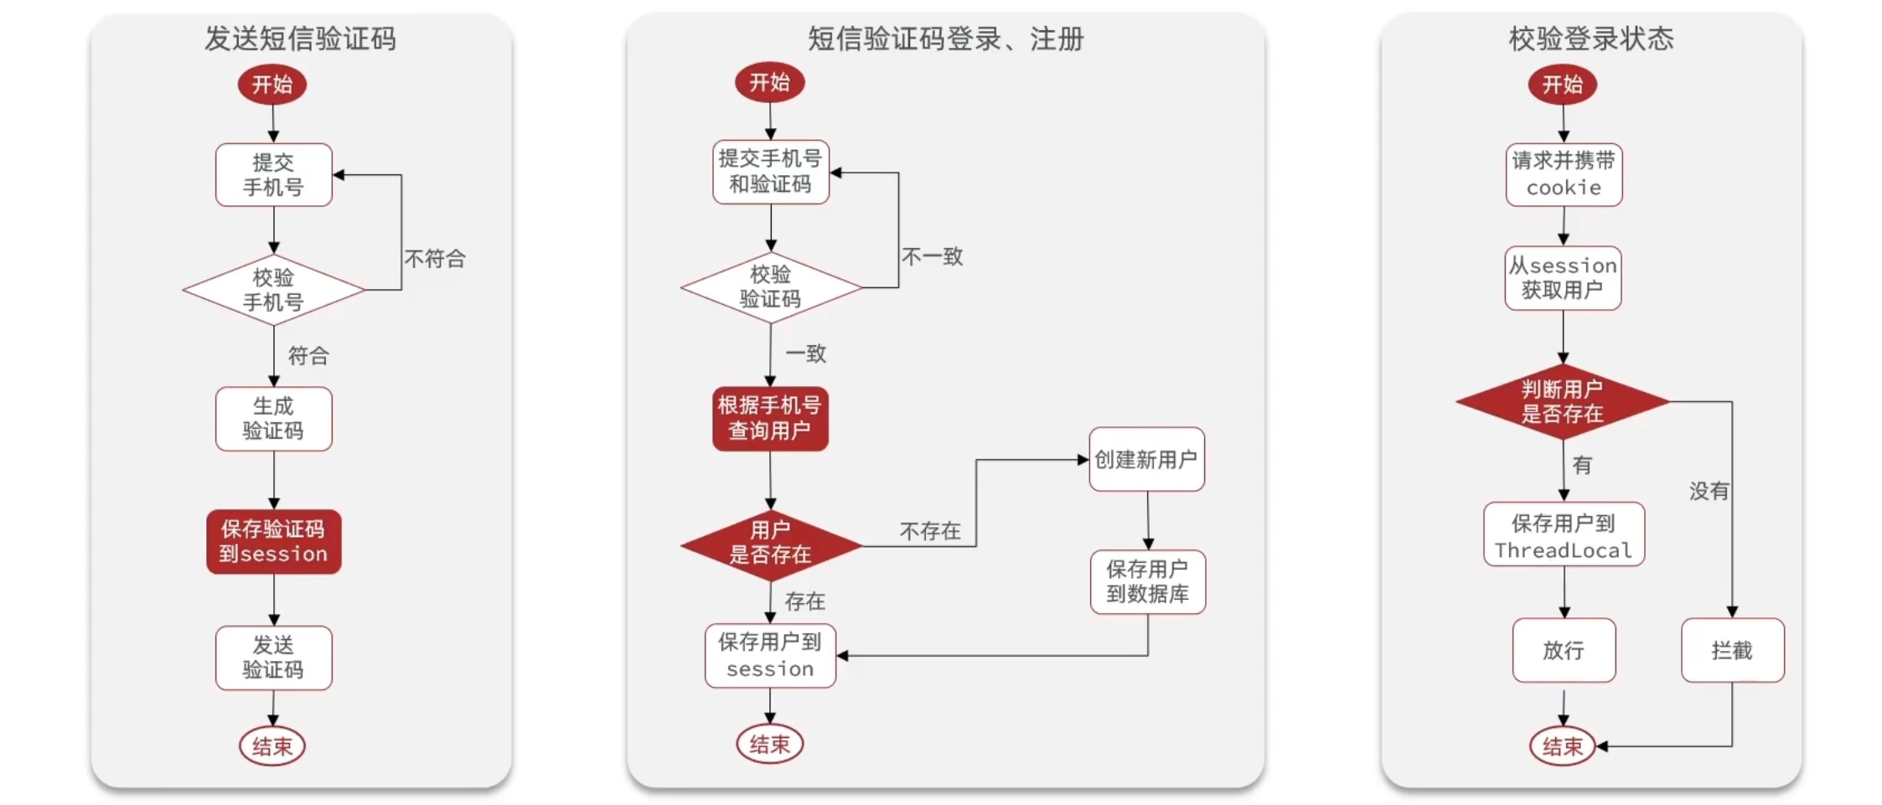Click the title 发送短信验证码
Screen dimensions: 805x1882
[x=300, y=39]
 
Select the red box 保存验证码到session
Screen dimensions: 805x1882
[x=274, y=542]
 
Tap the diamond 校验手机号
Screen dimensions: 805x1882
[x=273, y=290]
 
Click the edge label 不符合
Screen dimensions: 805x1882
[x=435, y=259]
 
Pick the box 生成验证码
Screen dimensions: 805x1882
[x=273, y=419]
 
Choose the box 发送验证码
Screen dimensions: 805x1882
[x=273, y=658]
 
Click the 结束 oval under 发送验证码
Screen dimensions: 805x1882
[x=272, y=746]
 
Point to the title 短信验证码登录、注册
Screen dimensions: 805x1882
[x=945, y=39]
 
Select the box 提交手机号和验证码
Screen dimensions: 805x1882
[x=770, y=172]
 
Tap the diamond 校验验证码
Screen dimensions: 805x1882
[x=771, y=287]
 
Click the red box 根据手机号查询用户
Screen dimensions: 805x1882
[x=770, y=419]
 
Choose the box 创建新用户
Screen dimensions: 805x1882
[x=1146, y=459]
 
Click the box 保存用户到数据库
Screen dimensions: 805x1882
[x=1147, y=582]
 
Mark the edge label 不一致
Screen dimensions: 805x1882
[x=932, y=256]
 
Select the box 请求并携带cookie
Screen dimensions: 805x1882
[x=1564, y=174]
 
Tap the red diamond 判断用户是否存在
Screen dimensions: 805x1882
[x=1563, y=401]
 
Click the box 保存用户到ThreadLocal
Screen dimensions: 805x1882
[x=1564, y=534]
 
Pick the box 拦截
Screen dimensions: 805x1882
[x=1732, y=650]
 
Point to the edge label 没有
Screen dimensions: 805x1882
[x=1709, y=491]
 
